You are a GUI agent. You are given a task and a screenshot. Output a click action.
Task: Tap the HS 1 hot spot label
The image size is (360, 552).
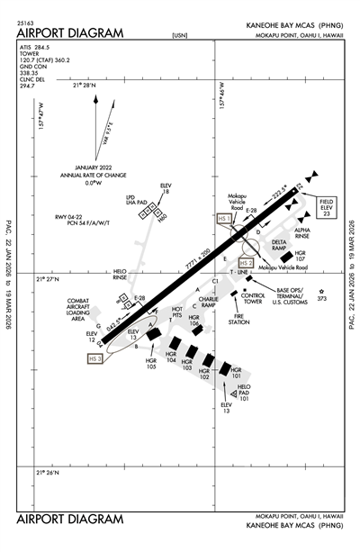225,218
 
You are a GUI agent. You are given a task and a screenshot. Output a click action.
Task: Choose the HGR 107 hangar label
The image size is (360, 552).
301,257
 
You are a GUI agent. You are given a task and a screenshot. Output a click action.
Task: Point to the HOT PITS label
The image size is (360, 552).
177,312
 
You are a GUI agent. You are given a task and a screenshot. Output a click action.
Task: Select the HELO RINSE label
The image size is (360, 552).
120,274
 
